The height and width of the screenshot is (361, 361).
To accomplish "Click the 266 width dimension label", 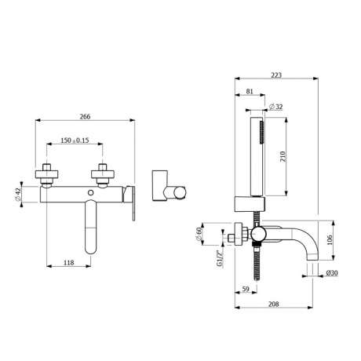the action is click(85, 116).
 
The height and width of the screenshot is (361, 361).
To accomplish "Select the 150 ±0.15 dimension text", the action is click(75, 140).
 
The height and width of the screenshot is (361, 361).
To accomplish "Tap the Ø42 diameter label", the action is click(18, 195).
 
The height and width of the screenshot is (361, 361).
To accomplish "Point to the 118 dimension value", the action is click(68, 262).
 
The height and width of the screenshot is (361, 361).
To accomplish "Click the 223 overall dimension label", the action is click(276, 75).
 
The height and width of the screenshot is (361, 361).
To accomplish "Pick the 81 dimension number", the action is click(250, 91).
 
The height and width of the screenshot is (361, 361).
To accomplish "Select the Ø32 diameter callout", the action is click(276, 107).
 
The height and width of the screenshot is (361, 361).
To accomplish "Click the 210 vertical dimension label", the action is click(283, 156).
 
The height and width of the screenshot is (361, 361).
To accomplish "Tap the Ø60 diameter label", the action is click(199, 234).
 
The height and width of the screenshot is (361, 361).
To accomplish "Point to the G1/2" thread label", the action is click(220, 258).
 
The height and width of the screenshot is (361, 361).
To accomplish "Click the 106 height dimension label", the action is click(330, 240).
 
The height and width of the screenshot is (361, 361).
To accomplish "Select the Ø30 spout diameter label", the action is click(332, 273).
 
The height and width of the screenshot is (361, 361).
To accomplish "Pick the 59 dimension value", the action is click(246, 289).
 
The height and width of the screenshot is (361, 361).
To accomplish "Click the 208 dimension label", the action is click(274, 304).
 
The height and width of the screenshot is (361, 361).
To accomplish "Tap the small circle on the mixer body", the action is click(91, 193).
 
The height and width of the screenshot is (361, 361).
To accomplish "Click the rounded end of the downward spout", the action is click(91, 249).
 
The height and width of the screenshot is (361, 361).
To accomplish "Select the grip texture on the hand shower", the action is click(261, 132).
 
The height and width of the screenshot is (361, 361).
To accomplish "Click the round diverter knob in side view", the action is click(258, 234).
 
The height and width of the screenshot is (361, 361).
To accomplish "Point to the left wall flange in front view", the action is click(46, 174).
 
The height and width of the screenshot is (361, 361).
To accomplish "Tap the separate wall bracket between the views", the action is click(169, 186).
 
